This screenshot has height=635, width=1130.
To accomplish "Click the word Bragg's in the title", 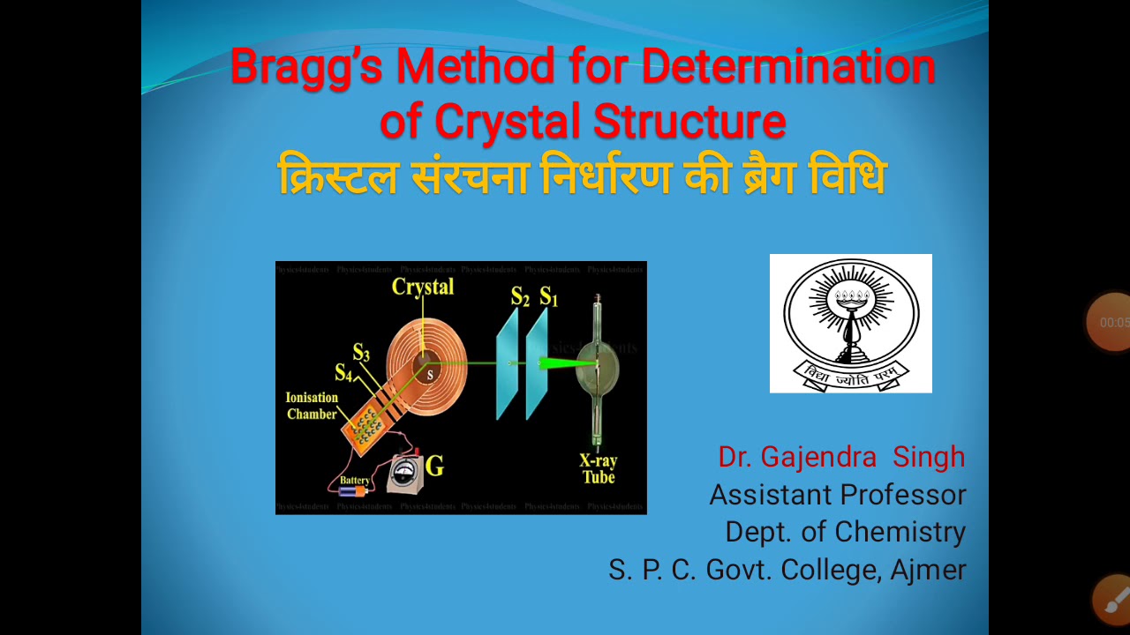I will [x=305, y=67].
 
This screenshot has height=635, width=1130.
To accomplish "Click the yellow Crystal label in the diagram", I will [x=423, y=287].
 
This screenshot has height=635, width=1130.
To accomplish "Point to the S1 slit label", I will [x=549, y=297].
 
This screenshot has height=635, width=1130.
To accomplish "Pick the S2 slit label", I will [x=520, y=297].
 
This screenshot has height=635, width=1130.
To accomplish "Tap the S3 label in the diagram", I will [x=361, y=353].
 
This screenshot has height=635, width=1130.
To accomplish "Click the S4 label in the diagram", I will [x=343, y=372].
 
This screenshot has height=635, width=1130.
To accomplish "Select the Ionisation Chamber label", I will [x=312, y=406].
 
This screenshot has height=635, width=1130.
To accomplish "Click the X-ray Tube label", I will [x=598, y=469].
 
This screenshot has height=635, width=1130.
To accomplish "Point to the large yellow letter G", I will [x=434, y=466].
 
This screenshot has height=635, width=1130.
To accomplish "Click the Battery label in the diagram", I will [x=355, y=480].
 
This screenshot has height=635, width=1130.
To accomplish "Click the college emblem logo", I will [x=850, y=323].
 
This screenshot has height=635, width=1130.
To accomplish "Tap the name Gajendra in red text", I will [x=818, y=457].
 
